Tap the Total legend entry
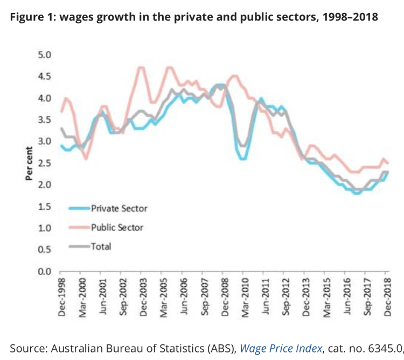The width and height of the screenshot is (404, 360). coord(101,246)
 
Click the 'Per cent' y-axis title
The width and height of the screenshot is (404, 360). coord(31,163)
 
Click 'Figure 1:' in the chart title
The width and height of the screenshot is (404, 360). coord(32,17)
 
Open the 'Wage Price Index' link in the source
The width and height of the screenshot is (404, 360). coord(281,349)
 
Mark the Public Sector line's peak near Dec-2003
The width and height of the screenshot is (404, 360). coord(142,67)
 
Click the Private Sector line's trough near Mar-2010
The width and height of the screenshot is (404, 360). coord(243,159)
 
